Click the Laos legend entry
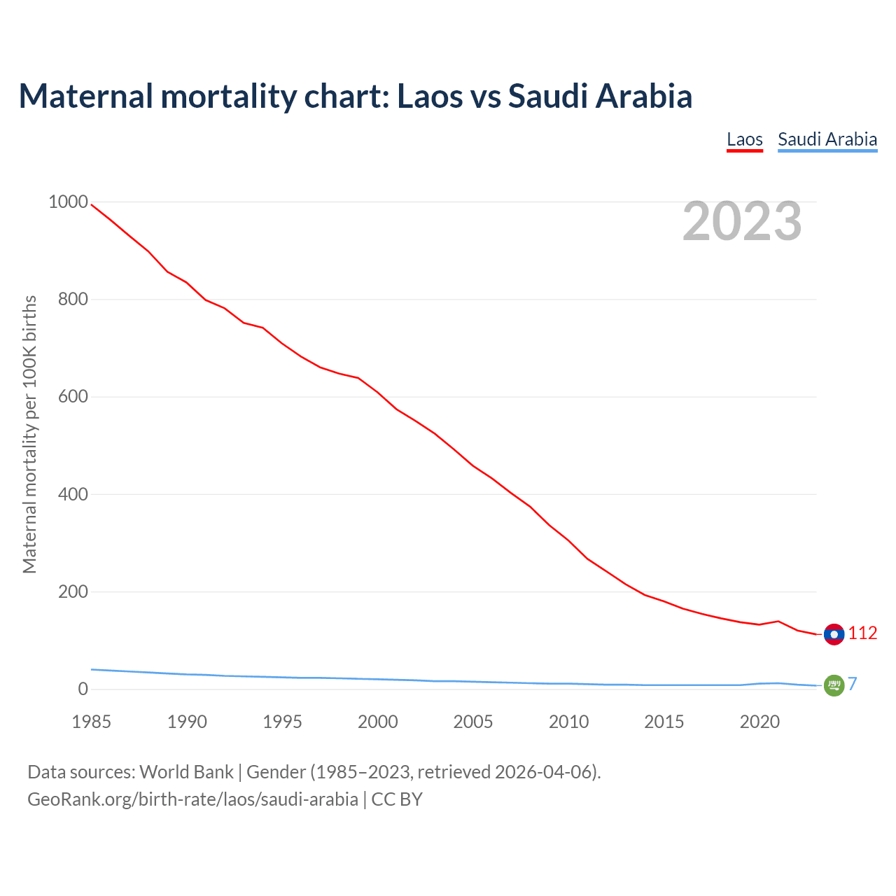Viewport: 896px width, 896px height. [744, 139]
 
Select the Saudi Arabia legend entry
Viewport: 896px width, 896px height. [827, 139]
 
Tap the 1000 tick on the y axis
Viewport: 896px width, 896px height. [68, 202]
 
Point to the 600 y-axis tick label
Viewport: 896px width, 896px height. [73, 397]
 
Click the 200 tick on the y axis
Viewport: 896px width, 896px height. [73, 592]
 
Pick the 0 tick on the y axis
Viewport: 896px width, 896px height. [83, 689]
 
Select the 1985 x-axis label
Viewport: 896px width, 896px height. [92, 722]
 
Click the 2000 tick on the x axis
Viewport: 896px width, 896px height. [378, 722]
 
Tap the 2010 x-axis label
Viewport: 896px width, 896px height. [568, 722]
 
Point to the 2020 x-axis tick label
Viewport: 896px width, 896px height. [759, 722]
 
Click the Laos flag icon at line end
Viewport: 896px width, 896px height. [834, 634]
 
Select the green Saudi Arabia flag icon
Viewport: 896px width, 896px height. [834, 685]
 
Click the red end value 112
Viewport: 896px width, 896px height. [862, 633]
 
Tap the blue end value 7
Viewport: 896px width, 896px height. [852, 685]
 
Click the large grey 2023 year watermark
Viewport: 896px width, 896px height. [742, 221]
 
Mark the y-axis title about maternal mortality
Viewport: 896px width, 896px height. [29, 434]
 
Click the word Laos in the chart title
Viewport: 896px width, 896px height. [430, 96]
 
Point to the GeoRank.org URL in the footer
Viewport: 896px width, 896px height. [192, 799]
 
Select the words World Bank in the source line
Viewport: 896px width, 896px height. [186, 772]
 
